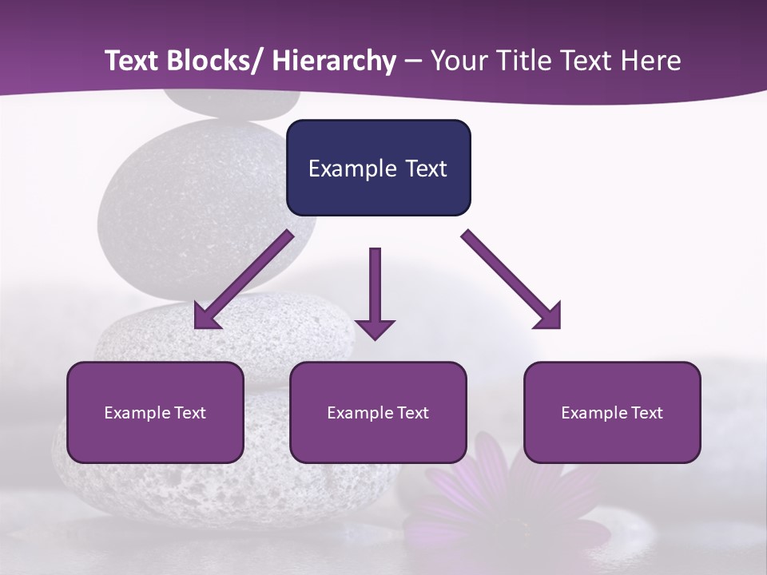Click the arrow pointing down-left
click(x=244, y=280)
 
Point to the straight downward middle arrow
click(x=375, y=287)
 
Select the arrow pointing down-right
click(x=511, y=280)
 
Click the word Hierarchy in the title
click(x=334, y=61)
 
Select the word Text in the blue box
click(x=425, y=169)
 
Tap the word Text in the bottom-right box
click(x=645, y=413)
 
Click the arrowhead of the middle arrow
click(x=375, y=328)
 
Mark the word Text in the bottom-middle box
click(x=411, y=413)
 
